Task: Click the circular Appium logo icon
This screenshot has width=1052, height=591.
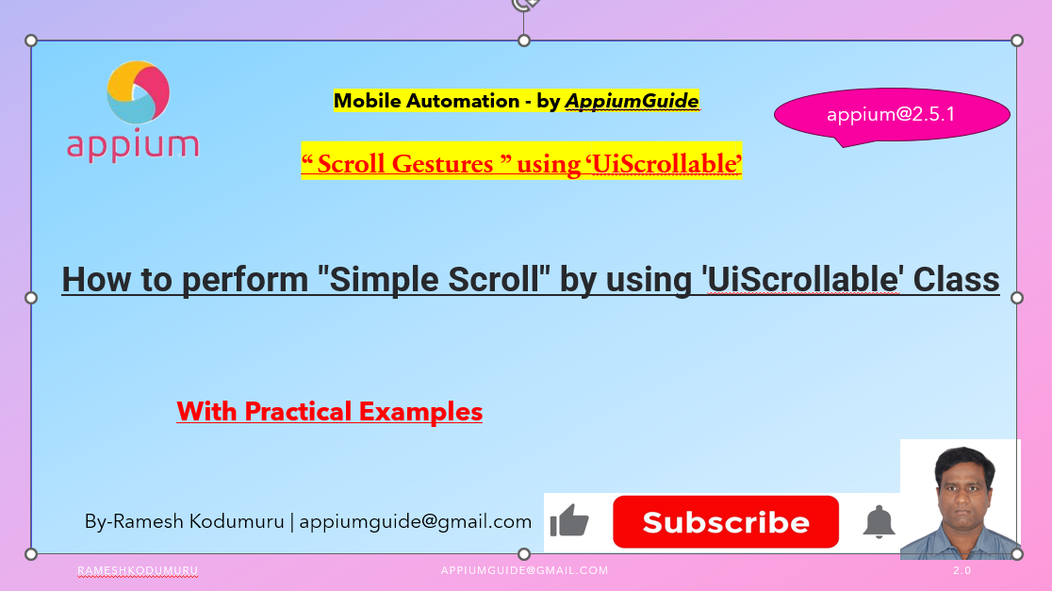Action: pos(138,91)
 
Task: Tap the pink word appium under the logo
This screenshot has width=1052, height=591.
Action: pos(133,145)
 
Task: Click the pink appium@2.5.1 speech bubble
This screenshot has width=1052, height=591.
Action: pos(891,115)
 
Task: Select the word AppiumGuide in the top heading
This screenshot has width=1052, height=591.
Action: pos(632,101)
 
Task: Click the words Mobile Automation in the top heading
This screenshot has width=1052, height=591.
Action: pos(420,101)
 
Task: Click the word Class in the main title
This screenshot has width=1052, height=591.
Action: pos(954,280)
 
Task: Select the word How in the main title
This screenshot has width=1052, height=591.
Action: pos(94,280)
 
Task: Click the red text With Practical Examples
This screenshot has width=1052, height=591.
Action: pos(329,412)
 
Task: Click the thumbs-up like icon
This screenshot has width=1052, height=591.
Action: pos(568,521)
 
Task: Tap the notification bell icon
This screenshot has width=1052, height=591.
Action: pos(879,521)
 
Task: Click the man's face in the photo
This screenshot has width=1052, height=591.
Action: pos(961,490)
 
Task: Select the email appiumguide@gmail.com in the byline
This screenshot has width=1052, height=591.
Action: pos(415,521)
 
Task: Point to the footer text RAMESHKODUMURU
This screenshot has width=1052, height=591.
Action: pos(138,571)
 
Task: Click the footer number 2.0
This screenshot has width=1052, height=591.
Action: pos(962,571)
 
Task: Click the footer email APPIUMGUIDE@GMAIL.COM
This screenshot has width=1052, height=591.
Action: pos(524,571)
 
